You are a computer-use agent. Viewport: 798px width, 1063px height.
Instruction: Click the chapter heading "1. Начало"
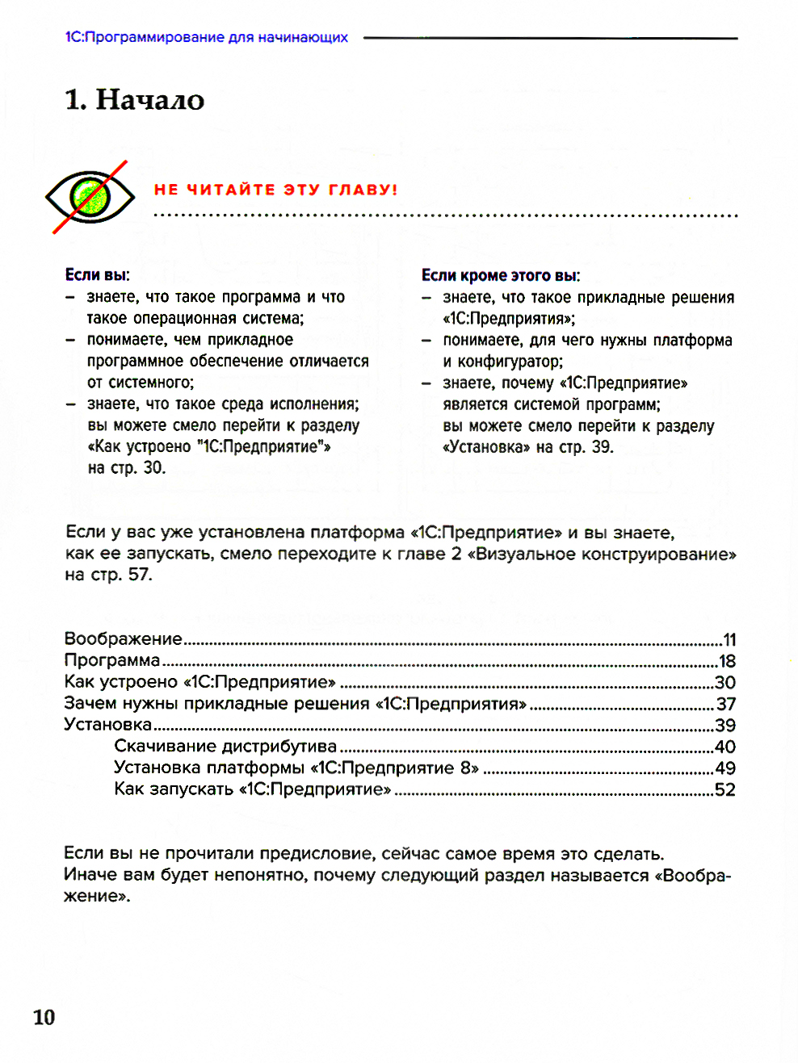134,100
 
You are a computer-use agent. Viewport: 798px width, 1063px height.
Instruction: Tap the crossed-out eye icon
90,196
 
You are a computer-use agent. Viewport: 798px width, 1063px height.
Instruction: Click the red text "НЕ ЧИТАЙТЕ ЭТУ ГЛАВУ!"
275,190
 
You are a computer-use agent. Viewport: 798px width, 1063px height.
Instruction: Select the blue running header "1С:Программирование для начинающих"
207,37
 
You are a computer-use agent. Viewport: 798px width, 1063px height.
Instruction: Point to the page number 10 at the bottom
44,1016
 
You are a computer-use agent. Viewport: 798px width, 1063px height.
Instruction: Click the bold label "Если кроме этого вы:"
501,275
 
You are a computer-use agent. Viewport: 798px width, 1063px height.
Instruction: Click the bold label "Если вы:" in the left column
97,274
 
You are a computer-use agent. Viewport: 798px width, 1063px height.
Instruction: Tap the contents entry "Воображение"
124,638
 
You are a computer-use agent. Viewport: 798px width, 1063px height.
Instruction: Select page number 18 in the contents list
727,661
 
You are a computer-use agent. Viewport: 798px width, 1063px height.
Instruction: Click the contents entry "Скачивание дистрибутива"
225,746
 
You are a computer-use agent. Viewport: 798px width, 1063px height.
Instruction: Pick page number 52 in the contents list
725,789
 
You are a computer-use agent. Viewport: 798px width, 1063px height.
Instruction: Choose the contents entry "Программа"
112,660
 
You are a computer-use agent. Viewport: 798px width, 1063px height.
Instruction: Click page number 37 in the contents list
726,704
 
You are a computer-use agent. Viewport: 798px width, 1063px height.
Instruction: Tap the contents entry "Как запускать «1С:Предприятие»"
252,789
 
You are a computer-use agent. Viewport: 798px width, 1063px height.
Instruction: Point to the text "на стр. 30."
127,467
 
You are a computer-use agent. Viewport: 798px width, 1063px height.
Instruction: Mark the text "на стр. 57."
108,574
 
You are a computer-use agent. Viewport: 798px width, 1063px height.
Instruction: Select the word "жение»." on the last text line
97,896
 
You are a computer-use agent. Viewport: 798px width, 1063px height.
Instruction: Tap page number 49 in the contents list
725,768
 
